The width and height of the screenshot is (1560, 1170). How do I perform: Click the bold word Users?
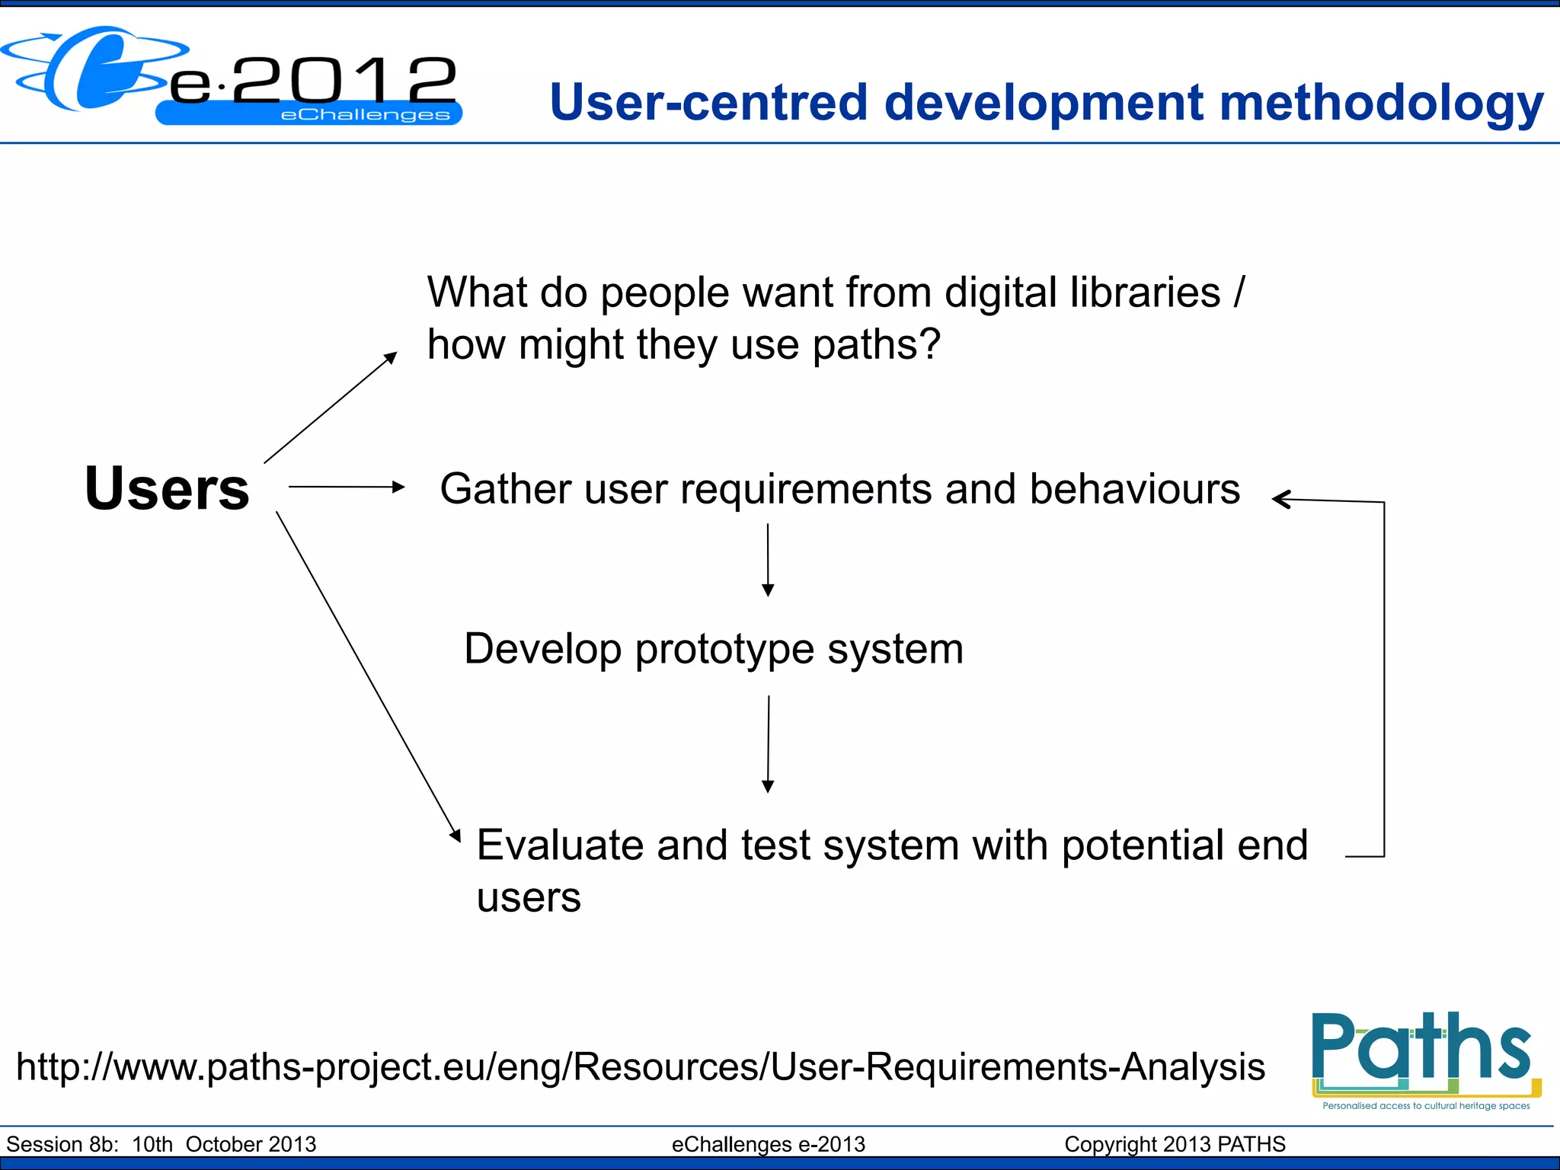coord(167,488)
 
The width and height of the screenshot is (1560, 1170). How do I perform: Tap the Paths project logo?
coord(1424,1059)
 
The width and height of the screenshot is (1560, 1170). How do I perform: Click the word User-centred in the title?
coord(708,103)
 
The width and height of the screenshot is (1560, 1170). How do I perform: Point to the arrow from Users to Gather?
coord(347,487)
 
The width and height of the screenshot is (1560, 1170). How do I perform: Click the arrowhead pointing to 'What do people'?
coord(391,357)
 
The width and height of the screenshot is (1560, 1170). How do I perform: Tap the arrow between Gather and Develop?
coord(768,560)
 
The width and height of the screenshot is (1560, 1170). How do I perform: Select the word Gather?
coord(505,489)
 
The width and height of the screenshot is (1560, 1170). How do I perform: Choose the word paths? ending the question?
coord(876,345)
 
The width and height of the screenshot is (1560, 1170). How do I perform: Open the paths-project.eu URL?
coord(640,1066)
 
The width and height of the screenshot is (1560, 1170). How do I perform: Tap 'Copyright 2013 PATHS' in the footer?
coord(1175,1144)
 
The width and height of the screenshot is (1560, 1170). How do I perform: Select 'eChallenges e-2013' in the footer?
coord(768,1144)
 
